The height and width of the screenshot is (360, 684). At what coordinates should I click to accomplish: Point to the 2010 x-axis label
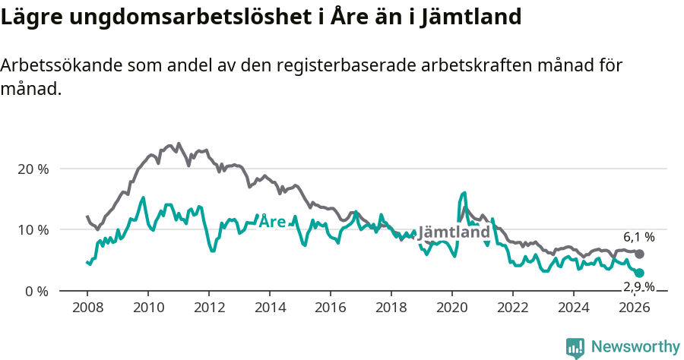point(147,308)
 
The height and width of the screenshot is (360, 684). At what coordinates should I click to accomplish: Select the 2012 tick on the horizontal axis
point(208,308)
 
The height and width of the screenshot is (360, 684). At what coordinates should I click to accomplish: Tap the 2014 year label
point(269,308)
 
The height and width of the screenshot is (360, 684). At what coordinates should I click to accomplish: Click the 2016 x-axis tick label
point(331,308)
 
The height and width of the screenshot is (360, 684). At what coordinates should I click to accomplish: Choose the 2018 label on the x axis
point(391,308)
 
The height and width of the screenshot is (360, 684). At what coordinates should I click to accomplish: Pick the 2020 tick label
point(452,308)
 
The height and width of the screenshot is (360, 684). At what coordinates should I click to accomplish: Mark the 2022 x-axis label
point(513,308)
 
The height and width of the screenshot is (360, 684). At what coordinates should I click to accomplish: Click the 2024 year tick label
point(574,308)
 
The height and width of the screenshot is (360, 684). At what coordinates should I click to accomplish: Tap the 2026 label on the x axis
point(635,308)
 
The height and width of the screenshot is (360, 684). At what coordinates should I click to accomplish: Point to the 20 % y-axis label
point(33,169)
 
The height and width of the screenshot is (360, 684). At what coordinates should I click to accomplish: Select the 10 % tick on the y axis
point(33,229)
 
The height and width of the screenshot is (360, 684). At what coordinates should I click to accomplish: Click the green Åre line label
point(272,222)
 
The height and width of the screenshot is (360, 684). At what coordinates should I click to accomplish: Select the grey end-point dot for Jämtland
point(639,254)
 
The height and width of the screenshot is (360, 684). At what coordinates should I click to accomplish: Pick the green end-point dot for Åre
point(639,273)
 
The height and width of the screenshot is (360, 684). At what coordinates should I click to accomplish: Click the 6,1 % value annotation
point(639,238)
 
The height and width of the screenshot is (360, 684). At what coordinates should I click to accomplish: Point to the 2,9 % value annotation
point(639,286)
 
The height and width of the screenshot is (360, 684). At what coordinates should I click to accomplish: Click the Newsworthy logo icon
point(575,348)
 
